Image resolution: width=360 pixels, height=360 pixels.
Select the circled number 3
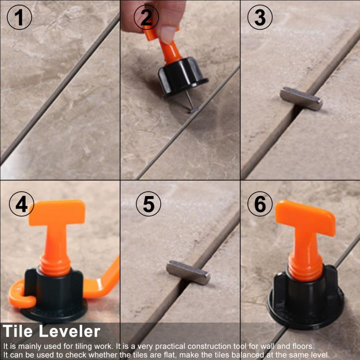pyautogui.click(x=260, y=18)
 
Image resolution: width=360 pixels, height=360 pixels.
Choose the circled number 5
pyautogui.click(x=148, y=204)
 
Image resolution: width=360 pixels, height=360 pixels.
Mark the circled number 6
pyautogui.click(x=260, y=204)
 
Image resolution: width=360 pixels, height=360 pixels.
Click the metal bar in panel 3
pyautogui.click(x=301, y=98)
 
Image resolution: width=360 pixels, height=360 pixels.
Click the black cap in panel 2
pyautogui.click(x=182, y=78)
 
